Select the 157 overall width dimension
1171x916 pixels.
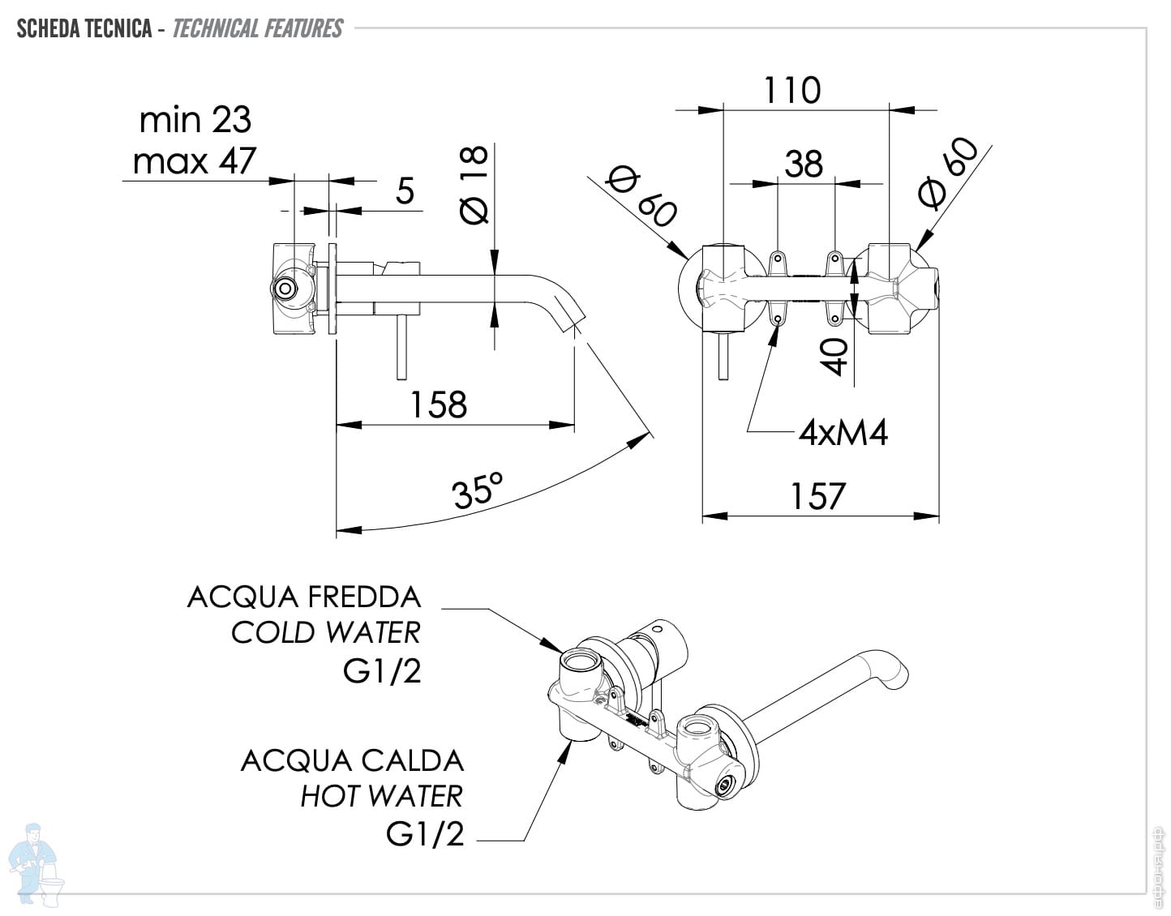coord(818,496)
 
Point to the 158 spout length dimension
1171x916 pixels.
coord(438,404)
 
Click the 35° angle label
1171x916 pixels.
coord(478,490)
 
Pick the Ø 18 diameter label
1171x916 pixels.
coord(474,184)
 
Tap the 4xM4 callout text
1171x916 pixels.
coord(843,432)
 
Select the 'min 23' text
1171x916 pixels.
coord(195,119)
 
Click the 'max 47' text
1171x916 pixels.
coord(194,161)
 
